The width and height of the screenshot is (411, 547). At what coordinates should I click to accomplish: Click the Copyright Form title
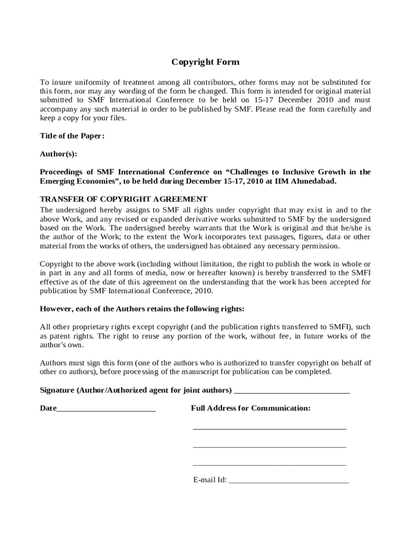(205, 62)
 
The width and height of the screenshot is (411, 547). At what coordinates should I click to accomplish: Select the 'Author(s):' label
(59, 154)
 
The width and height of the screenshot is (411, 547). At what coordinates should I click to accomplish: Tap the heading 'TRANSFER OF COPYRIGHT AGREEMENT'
(123, 199)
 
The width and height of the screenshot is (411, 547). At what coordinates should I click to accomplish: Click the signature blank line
(292, 391)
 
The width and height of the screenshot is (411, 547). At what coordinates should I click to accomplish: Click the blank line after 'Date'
(106, 409)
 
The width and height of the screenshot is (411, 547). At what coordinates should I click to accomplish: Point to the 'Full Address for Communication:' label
(250, 408)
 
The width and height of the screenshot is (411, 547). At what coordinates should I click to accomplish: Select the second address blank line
(269, 446)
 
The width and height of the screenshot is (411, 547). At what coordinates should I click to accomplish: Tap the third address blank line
(269, 464)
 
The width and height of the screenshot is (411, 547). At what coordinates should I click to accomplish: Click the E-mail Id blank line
(288, 481)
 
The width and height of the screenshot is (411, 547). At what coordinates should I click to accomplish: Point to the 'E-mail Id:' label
(210, 480)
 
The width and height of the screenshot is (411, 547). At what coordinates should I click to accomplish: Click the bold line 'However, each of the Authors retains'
(142, 309)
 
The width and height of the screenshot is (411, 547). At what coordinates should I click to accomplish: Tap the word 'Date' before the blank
(48, 408)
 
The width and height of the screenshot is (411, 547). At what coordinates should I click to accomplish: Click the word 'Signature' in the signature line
(57, 390)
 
